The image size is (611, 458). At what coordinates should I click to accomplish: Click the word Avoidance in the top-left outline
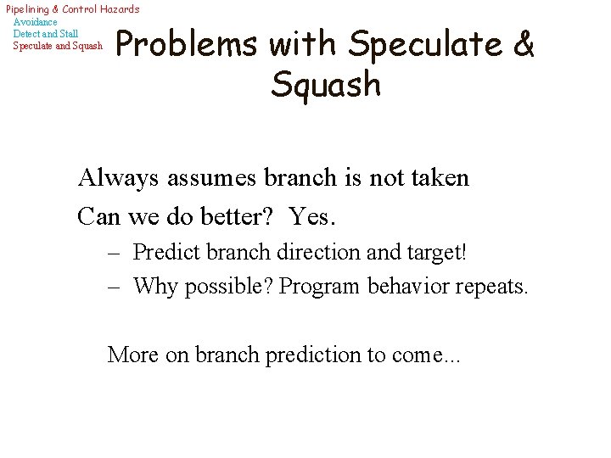click(x=36, y=21)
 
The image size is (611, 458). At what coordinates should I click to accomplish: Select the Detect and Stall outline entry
click(x=46, y=33)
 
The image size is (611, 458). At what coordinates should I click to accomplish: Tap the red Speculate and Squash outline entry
click(x=58, y=45)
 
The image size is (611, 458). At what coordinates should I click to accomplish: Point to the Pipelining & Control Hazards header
click(x=72, y=8)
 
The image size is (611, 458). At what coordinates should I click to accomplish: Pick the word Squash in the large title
click(x=327, y=85)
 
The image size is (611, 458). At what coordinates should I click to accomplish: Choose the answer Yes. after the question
click(x=313, y=216)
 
